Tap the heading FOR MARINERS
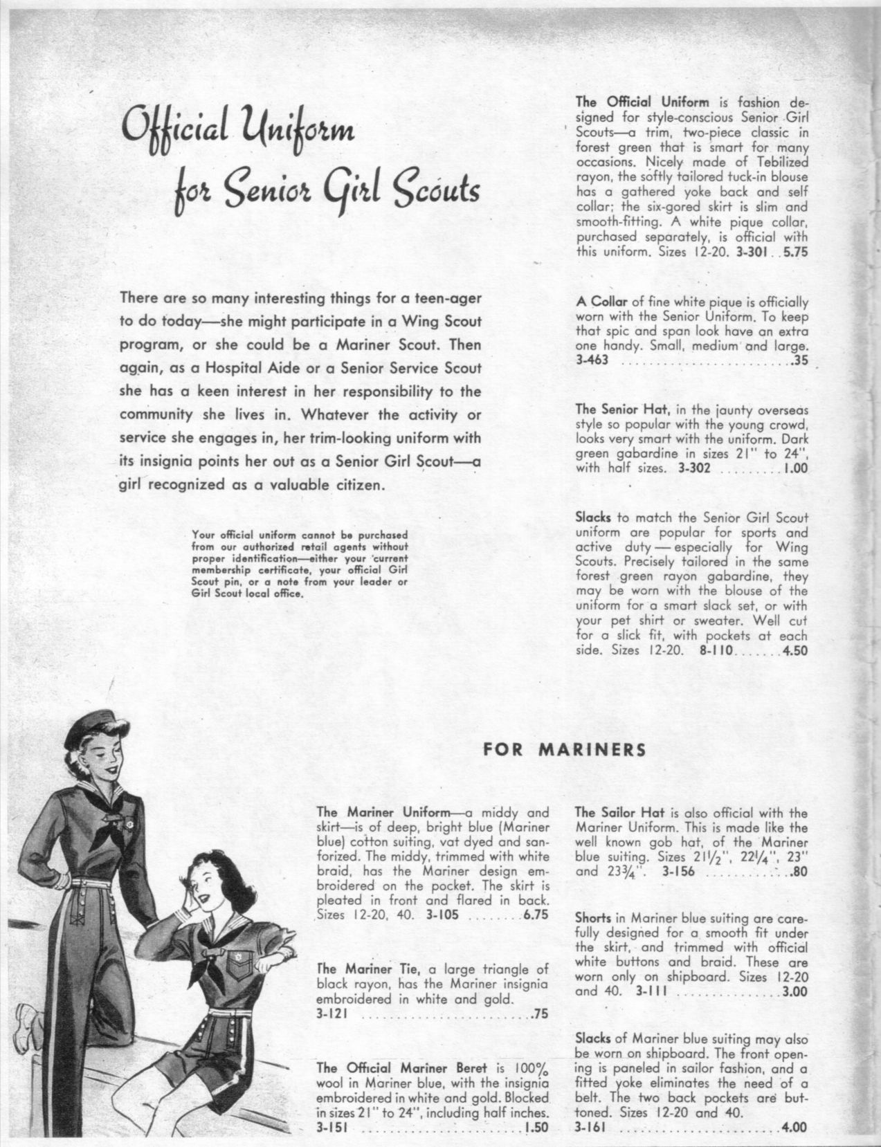pyautogui.click(x=564, y=749)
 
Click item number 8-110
pyautogui.click(x=714, y=650)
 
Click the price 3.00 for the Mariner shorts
pyautogui.click(x=794, y=991)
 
